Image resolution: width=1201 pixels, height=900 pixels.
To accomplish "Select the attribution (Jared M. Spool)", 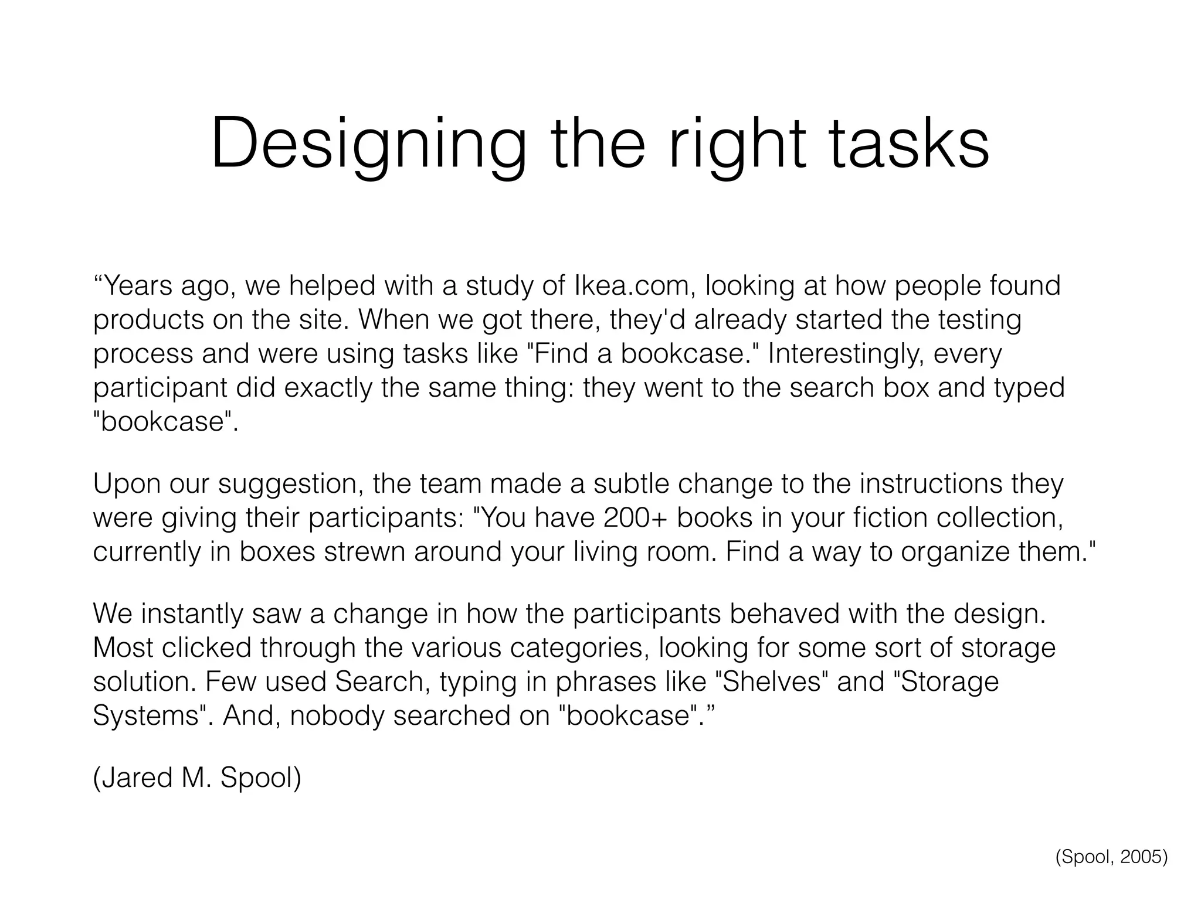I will pos(197,778).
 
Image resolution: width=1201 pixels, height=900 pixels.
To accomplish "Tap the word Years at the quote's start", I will pos(137,286).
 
